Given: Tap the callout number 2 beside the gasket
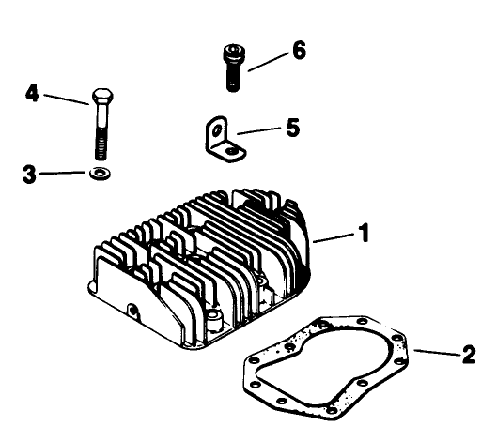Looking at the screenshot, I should point(468,357).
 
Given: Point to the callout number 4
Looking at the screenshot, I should point(32,95).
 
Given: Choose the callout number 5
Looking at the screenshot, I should point(293,127).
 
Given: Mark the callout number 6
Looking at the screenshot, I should point(299,51).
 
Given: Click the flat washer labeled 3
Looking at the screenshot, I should point(99,174).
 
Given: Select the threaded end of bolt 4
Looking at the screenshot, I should point(101,146).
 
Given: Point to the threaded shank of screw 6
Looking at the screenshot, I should point(233,78).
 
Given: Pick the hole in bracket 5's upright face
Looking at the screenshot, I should point(211,129).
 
